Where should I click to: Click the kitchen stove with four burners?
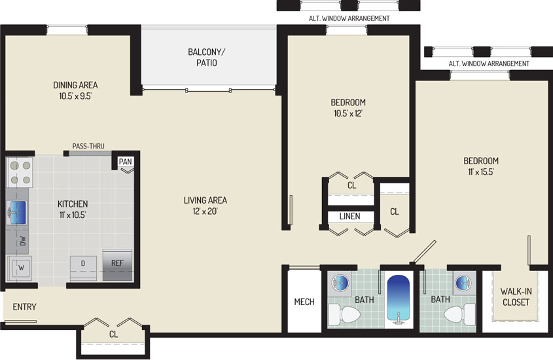(20, 172)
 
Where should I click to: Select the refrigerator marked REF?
(117, 265)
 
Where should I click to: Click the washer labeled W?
(20, 268)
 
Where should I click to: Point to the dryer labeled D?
(83, 268)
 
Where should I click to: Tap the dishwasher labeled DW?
(22, 241)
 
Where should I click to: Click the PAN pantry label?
(125, 162)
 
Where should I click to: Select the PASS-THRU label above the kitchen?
(88, 146)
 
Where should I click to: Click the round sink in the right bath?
(463, 283)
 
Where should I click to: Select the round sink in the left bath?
(340, 283)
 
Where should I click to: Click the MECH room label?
(304, 302)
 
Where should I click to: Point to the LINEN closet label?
(350, 216)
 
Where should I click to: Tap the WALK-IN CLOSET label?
(516, 297)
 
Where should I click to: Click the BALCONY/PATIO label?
(206, 58)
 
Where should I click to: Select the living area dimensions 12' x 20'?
(205, 211)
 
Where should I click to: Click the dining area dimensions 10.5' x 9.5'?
(75, 96)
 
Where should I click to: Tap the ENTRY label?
(24, 307)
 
